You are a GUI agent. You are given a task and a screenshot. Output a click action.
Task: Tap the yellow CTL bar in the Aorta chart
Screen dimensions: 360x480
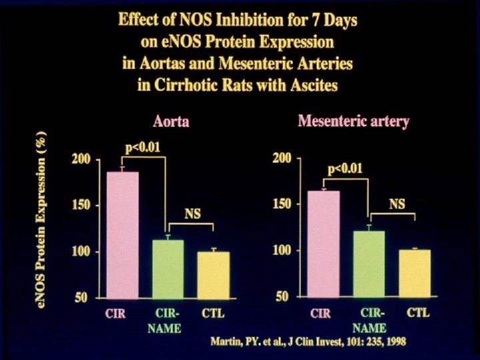[213, 274]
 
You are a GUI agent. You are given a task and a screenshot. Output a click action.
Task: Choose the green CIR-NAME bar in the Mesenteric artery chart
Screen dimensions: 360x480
[369, 263]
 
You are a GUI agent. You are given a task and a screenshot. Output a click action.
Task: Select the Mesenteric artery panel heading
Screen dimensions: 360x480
[353, 122]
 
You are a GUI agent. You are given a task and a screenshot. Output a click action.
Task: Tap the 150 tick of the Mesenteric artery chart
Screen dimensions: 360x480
[283, 204]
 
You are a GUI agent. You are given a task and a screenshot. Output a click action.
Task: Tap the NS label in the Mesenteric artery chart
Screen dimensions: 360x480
[397, 204]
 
